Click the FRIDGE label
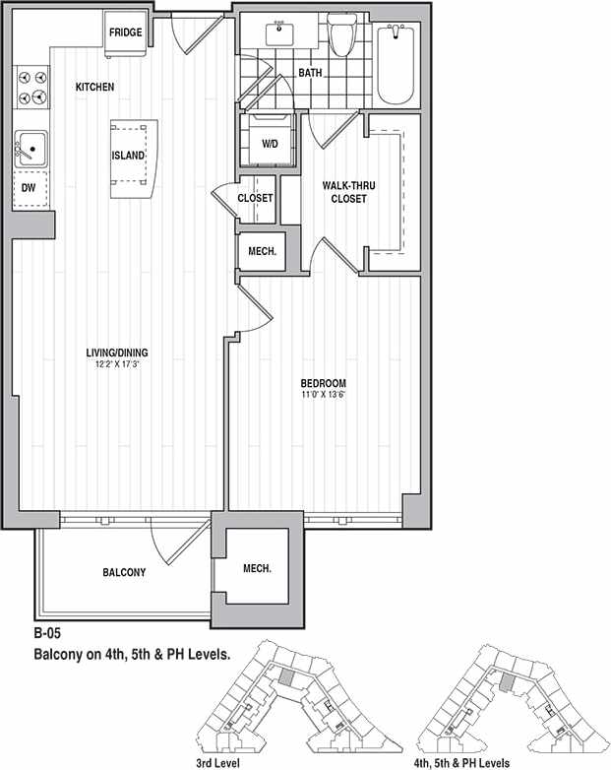pos(126,32)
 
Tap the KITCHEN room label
pos(94,88)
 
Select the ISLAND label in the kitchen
pos(129,156)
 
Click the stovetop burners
pos(31,87)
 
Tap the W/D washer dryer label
pos(269,144)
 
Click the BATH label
pos(310,73)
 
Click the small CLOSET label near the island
pos(255,198)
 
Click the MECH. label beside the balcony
pos(257,569)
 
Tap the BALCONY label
pos(124,572)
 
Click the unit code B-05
pos(48,635)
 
